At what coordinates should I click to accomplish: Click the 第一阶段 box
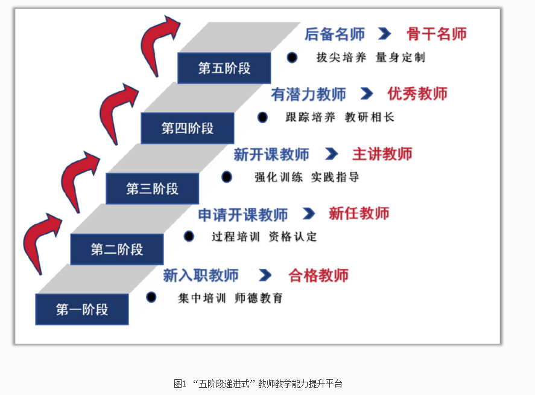[x=82, y=310]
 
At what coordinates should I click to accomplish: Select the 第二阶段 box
[x=116, y=249]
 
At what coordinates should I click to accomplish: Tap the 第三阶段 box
[x=152, y=188]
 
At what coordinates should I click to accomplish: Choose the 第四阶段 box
[x=187, y=128]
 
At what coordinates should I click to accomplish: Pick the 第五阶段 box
[x=224, y=68]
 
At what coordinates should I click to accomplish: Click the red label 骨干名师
[x=437, y=34]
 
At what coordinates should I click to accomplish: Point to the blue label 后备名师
[x=335, y=34]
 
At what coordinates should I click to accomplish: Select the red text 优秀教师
[x=417, y=94]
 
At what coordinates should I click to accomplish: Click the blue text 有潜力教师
[x=309, y=94]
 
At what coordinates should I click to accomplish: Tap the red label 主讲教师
[x=382, y=154]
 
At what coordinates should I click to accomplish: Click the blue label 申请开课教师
[x=243, y=214]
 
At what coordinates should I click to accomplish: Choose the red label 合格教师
[x=318, y=275]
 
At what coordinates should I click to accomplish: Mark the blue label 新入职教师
[x=201, y=275]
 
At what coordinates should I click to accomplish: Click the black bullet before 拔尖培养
[x=292, y=57]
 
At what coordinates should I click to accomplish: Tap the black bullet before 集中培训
[x=151, y=297]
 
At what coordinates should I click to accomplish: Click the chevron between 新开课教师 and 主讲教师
[x=331, y=154]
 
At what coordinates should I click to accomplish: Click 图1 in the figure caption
[x=179, y=384]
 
